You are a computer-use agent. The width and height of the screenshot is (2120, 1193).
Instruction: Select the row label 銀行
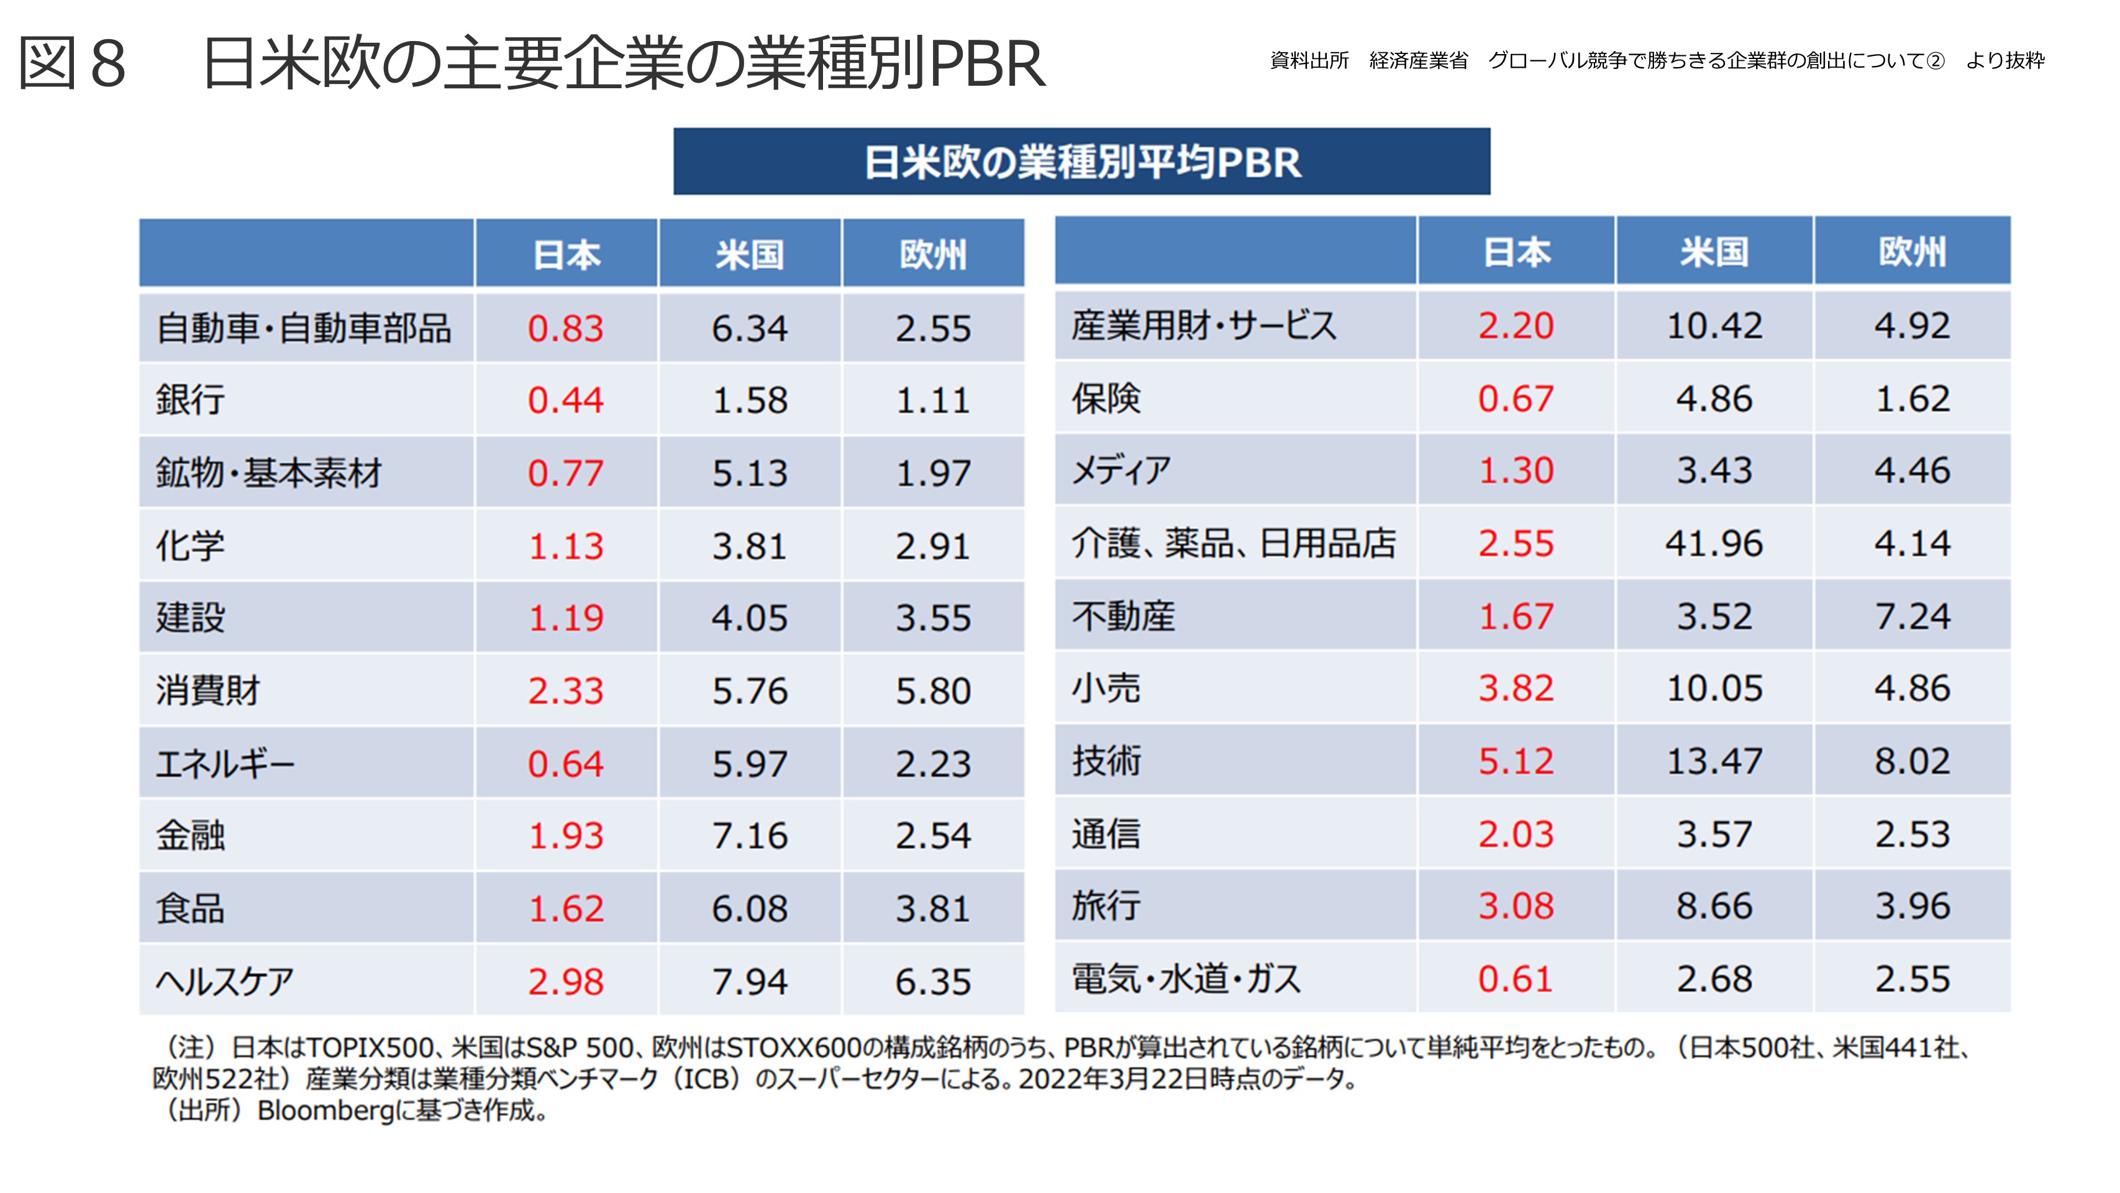[190, 400]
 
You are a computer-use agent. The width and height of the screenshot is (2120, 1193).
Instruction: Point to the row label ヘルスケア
[225, 981]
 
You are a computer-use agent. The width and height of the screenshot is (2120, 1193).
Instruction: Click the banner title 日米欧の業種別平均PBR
[1081, 162]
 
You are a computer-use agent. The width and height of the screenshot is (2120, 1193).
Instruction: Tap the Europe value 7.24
[1912, 616]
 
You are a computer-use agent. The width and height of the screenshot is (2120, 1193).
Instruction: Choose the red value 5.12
[1515, 761]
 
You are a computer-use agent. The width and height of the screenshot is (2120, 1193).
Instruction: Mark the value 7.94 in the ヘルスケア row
[749, 981]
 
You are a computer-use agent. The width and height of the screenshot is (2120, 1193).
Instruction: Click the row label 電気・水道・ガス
[1186, 979]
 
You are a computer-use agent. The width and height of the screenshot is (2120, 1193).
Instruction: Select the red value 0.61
[1515, 979]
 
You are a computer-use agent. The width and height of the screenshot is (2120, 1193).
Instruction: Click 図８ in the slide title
[73, 63]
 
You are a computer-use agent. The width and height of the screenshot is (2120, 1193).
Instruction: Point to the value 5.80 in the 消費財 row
[932, 691]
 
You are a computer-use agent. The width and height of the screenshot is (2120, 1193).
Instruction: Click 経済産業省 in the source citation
[1418, 61]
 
